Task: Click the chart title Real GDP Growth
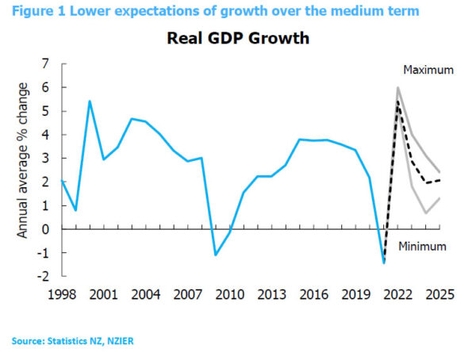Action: point(238,40)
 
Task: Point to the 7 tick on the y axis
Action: point(44,63)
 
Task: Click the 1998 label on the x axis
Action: point(62,295)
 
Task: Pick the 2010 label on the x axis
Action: point(230,295)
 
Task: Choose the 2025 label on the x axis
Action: point(440,295)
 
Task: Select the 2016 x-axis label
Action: point(314,295)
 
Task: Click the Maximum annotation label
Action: point(428,71)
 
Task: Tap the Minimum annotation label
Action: point(422,246)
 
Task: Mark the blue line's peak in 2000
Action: point(90,101)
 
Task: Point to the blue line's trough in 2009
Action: point(216,255)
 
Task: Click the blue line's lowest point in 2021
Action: point(384,262)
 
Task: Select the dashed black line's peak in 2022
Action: point(397,101)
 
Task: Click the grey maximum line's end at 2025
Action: point(440,173)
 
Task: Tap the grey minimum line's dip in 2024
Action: point(426,213)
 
